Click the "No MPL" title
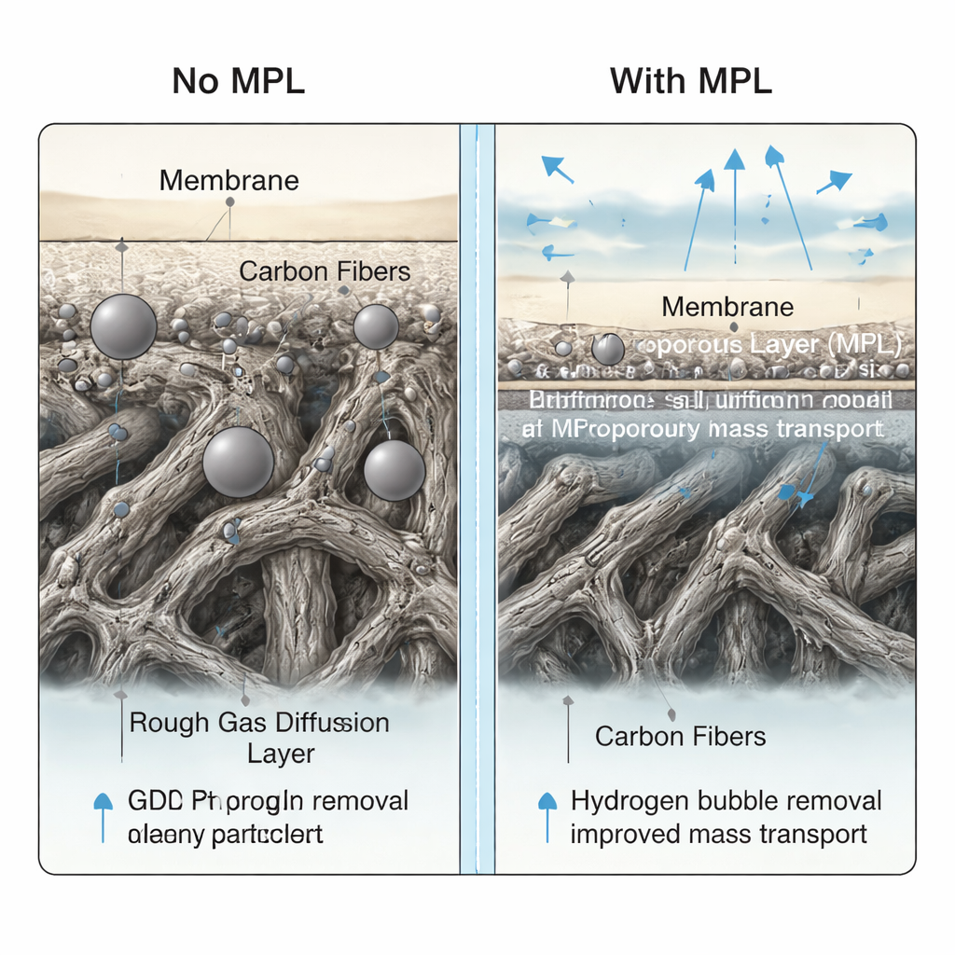pyautogui.click(x=239, y=81)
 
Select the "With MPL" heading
pyautogui.click(x=691, y=81)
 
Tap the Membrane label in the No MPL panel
pyautogui.click(x=228, y=180)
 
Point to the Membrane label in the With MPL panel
pyautogui.click(x=727, y=306)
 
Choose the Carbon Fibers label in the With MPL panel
pyautogui.click(x=680, y=736)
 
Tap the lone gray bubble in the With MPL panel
pyautogui.click(x=608, y=349)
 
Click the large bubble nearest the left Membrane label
pyautogui.click(x=123, y=326)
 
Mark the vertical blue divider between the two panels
pyautogui.click(x=477, y=499)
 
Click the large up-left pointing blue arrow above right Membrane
pyautogui.click(x=558, y=168)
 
